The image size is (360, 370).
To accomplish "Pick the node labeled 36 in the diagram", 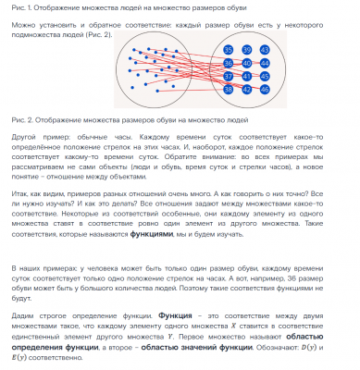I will pyautogui.click(x=230, y=63).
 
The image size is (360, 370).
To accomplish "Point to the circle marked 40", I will pyautogui.click(x=246, y=63).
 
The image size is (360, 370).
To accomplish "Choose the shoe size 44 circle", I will pyautogui.click(x=264, y=63).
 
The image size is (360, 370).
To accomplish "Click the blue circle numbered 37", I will pyautogui.click(x=230, y=77).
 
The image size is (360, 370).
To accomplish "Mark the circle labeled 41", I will pyautogui.click(x=246, y=77).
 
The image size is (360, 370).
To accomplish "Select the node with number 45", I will pyautogui.click(x=264, y=77).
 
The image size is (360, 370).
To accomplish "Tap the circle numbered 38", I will pyautogui.click(x=230, y=91).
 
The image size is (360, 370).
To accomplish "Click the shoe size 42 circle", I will pyautogui.click(x=246, y=91).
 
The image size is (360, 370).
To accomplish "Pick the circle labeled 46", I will pyautogui.click(x=264, y=91).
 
